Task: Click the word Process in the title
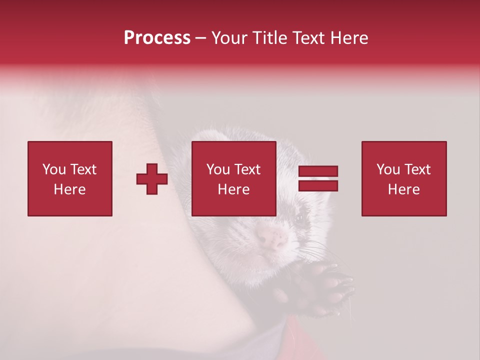pyautogui.click(x=157, y=38)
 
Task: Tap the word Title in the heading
pyautogui.click(x=269, y=38)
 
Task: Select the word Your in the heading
pyautogui.click(x=229, y=38)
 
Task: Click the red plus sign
pyautogui.click(x=152, y=179)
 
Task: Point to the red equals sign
pyautogui.click(x=318, y=178)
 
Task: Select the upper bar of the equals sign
pyautogui.click(x=318, y=171)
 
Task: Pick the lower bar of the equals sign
pyautogui.click(x=318, y=185)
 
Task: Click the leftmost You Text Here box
pyautogui.click(x=70, y=178)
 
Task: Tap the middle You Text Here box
pyautogui.click(x=233, y=178)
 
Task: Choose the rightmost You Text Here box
pyautogui.click(x=404, y=178)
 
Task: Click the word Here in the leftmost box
pyautogui.click(x=69, y=189)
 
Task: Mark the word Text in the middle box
pyautogui.click(x=247, y=169)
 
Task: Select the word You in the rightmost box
pyautogui.click(x=388, y=169)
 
